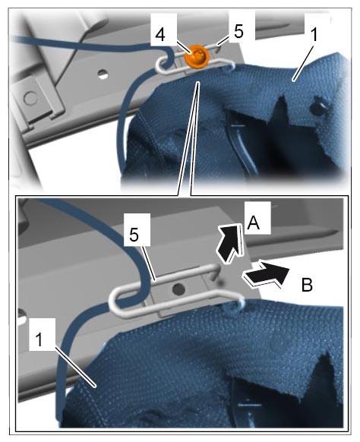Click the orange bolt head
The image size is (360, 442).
pos(196,55)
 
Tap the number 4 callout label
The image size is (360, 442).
pos(160,35)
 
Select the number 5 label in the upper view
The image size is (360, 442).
pos(238,32)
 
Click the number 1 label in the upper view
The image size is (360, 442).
pos(314,35)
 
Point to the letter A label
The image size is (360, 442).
pos(253,223)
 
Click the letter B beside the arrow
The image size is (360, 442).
pos(307,285)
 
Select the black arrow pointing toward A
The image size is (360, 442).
pos(229,242)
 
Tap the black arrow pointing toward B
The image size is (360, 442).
pos(266,275)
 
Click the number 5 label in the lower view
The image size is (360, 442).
pos(134,235)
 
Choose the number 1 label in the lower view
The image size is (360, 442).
pos(39,339)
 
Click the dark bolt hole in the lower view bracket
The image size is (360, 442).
pos(178,289)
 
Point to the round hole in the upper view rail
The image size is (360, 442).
pos(103,74)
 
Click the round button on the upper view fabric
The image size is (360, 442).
pos(318,106)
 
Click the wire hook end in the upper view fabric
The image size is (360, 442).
pos(229,67)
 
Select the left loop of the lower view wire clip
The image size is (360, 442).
pos(115,302)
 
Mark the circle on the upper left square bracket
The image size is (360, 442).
pos(30,99)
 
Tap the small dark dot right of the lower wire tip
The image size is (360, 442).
pos(220,282)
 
